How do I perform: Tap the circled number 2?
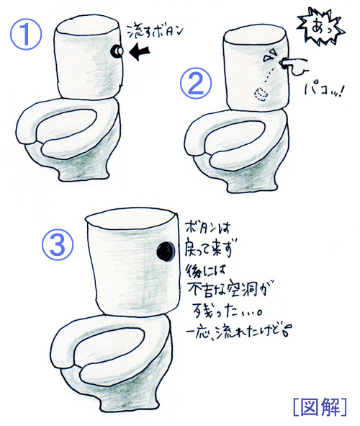tap(195, 83)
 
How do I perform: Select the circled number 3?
tap(58, 244)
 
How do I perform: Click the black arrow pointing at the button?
tap(139, 51)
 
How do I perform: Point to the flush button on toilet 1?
tap(117, 52)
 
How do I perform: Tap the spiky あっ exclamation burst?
tap(321, 26)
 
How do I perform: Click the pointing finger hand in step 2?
tap(294, 66)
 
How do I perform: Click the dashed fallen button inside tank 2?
tap(261, 94)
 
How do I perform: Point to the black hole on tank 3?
tap(166, 252)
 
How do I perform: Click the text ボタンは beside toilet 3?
tap(208, 228)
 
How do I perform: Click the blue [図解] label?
tap(320, 407)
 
